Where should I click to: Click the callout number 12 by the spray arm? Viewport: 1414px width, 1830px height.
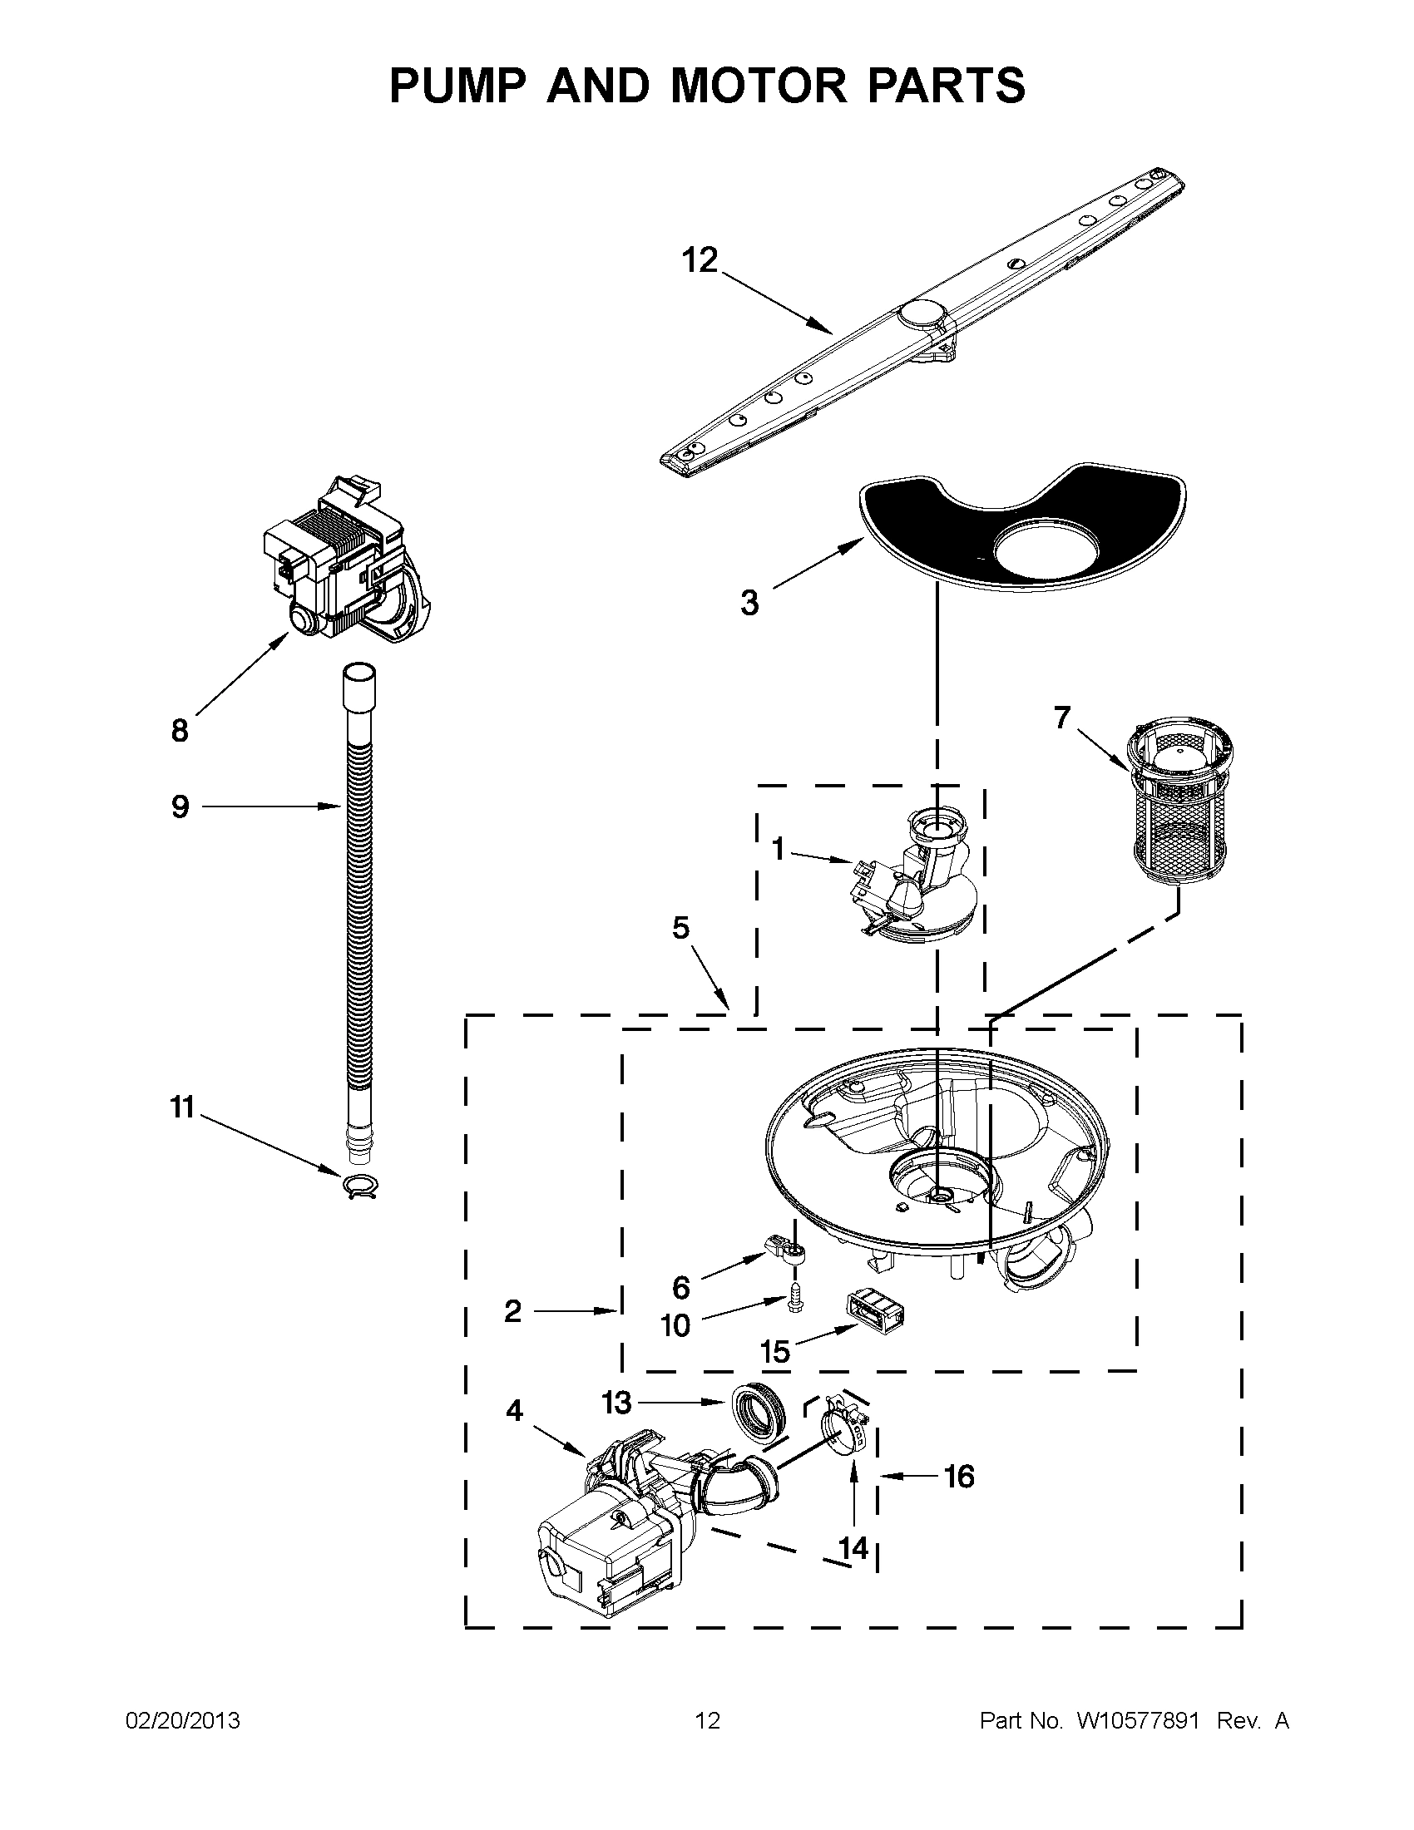coord(700,260)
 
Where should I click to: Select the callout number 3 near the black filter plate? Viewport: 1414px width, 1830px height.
coord(749,603)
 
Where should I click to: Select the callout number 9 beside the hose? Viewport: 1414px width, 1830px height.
coord(180,806)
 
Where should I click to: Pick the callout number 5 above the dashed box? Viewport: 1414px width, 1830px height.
coord(680,928)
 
